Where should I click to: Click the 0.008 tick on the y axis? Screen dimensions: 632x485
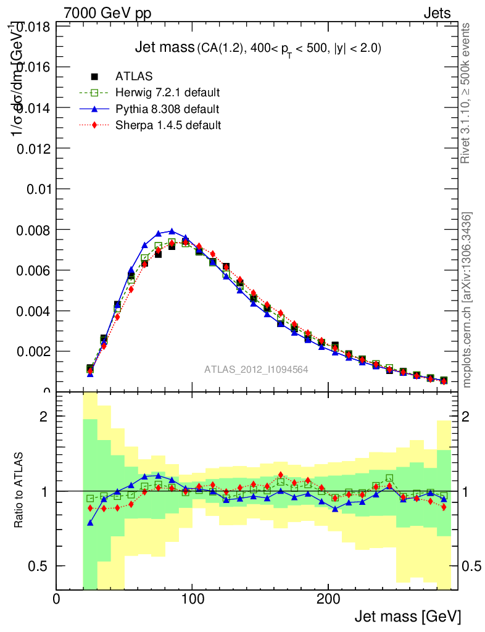34,230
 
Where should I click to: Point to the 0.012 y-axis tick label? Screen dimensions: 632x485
34,148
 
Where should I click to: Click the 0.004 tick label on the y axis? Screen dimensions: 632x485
34,311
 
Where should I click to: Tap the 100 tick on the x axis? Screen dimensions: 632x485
192,599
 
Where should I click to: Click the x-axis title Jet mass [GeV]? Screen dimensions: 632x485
407,616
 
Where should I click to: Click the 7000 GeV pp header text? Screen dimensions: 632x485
107,13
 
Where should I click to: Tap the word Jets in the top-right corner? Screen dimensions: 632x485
436,13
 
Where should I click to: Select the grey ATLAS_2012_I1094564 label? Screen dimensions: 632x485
256,369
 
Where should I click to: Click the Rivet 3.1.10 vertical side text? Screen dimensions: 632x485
466,93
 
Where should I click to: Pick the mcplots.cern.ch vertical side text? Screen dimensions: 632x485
467,299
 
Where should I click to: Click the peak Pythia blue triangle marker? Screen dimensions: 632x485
172,231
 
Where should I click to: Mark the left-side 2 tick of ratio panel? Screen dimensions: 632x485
44,416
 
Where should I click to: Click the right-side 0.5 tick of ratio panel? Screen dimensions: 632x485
470,566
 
